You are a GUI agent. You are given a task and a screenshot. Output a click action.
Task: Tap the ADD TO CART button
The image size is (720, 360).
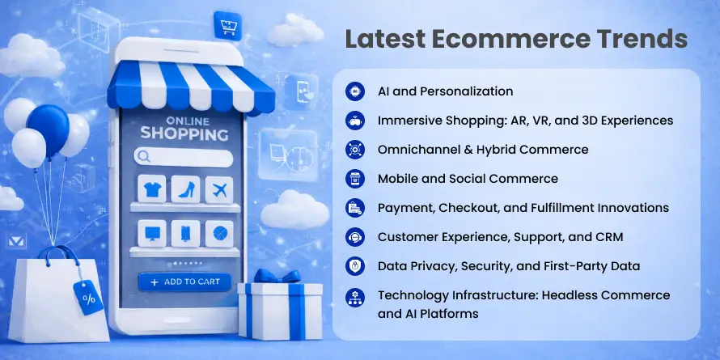click(184, 282)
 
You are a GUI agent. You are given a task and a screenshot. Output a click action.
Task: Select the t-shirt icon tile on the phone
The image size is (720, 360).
click(152, 188)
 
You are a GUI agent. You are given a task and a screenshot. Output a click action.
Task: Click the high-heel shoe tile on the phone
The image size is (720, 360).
click(185, 188)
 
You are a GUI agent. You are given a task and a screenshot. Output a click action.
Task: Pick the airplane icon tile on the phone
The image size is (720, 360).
click(219, 189)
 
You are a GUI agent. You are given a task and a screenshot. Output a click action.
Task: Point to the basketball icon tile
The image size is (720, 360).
click(219, 234)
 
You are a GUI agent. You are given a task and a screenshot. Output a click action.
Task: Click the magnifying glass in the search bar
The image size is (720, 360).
click(144, 157)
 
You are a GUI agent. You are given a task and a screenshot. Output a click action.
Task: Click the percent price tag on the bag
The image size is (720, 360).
click(89, 298)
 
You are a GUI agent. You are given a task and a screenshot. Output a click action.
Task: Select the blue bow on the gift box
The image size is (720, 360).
click(277, 276)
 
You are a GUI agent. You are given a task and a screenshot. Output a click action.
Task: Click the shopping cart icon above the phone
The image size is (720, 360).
click(227, 25)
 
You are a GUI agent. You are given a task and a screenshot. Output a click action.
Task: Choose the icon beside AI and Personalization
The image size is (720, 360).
click(355, 91)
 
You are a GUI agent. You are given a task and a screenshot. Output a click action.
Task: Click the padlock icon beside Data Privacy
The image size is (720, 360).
click(355, 266)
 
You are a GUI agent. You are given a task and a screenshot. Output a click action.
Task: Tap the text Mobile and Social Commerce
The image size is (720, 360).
click(468, 179)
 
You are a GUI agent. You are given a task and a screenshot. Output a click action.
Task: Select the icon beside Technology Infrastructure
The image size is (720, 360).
click(355, 298)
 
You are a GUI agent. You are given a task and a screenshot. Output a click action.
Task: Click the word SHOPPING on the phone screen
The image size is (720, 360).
click(184, 134)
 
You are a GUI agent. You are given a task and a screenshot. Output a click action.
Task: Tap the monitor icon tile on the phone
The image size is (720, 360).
click(152, 234)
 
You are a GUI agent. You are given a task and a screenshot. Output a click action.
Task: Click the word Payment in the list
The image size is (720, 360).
click(405, 208)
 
